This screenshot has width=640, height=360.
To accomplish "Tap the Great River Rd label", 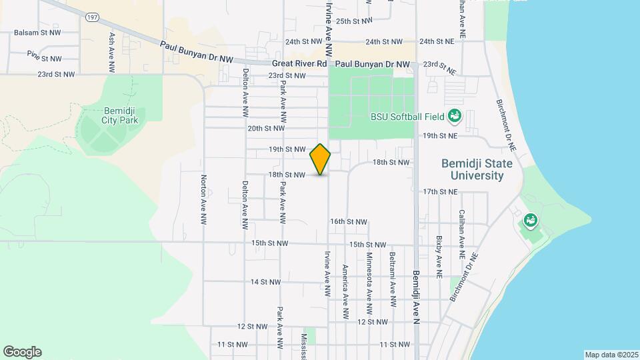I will [299, 64].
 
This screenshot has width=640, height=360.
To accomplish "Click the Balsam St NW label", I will [37, 32].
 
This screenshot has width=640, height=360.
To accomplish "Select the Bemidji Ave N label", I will [415, 293].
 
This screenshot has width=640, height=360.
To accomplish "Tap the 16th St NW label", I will [349, 221].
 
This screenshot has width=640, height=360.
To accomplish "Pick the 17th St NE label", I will [441, 191].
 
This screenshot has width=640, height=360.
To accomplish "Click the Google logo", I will [22, 352].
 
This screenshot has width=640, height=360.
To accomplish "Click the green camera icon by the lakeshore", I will [531, 219].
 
